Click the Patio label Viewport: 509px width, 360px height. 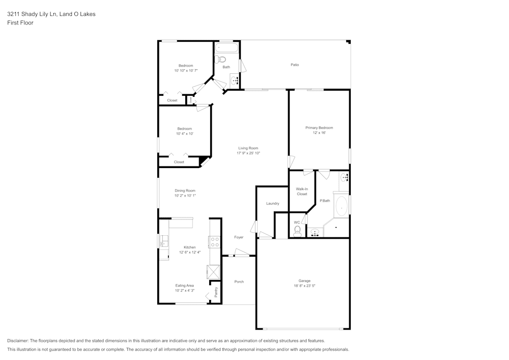tap(294, 65)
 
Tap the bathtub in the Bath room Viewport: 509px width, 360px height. tap(227, 49)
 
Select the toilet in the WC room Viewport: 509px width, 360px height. tap(297, 231)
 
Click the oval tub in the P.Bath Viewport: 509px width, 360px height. tap(341, 207)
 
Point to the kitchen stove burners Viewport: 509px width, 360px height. tap(214, 242)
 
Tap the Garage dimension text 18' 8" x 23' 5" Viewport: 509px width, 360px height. tap(304, 286)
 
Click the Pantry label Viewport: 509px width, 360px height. tap(216, 292)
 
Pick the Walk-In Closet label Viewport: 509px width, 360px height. tap(302, 191)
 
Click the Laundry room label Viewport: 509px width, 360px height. tap(272, 203)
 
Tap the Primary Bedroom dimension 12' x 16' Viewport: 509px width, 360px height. tap(319, 132)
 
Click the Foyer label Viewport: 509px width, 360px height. tap(239, 237)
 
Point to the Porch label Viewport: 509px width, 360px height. tap(239, 282)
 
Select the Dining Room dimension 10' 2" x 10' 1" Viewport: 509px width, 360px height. tap(185, 195)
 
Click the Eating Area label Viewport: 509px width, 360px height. tap(184, 286)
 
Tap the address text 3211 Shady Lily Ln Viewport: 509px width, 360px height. tap(33, 14)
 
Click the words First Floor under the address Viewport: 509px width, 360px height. tap(20, 23)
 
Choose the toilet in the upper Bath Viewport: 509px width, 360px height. tap(222, 60)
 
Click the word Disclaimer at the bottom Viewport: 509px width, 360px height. tap(18, 341)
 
